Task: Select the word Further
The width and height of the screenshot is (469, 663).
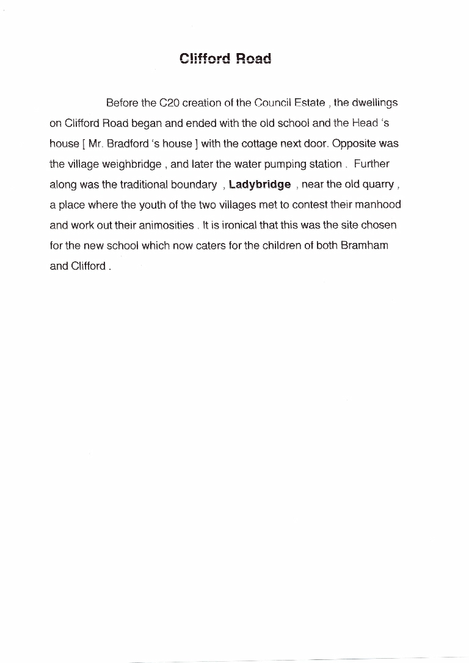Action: coord(371,164)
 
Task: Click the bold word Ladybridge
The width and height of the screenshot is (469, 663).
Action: coord(260,184)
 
